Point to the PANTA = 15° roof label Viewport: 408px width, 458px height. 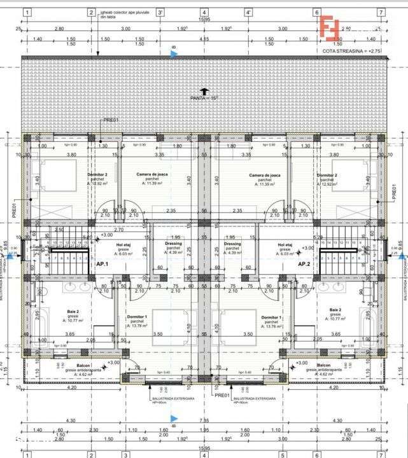[204, 98]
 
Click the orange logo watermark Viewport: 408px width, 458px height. [330, 28]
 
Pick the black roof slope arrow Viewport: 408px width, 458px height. [204, 90]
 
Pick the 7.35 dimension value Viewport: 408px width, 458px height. [204, 420]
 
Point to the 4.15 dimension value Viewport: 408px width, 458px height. [204, 39]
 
